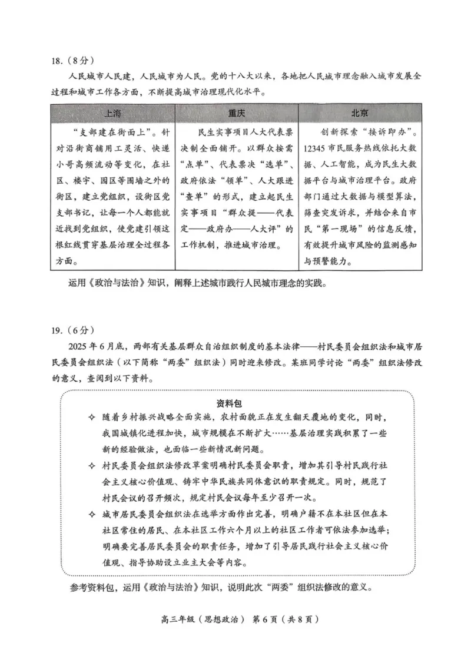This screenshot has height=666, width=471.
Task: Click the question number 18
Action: click(57, 60)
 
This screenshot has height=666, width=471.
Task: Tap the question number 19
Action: click(57, 329)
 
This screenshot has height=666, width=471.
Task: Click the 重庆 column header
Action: click(236, 113)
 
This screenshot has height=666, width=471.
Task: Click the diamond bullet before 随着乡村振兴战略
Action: click(91, 418)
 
